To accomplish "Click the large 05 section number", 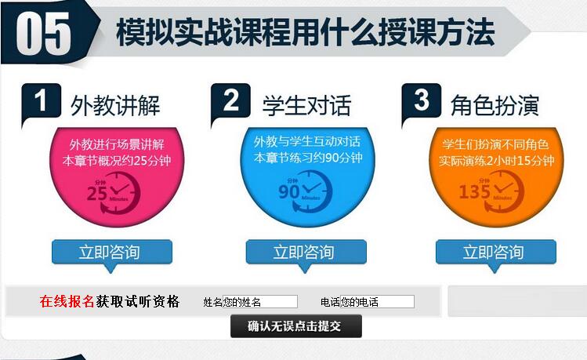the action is click(x=44, y=34).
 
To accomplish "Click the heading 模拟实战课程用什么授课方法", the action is click(x=306, y=32).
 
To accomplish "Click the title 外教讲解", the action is click(x=115, y=105).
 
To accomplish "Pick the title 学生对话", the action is click(x=306, y=105).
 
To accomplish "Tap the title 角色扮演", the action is click(x=495, y=105).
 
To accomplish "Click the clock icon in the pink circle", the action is click(x=114, y=193).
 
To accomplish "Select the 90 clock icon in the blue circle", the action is click(x=305, y=192).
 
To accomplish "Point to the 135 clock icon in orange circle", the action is click(x=491, y=192).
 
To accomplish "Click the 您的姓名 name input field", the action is click(x=260, y=301).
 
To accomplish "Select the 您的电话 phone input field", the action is click(x=378, y=301).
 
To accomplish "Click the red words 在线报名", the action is click(x=67, y=301).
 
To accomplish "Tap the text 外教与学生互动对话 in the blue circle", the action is click(x=307, y=142).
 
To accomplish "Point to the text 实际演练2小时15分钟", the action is click(x=496, y=161).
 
